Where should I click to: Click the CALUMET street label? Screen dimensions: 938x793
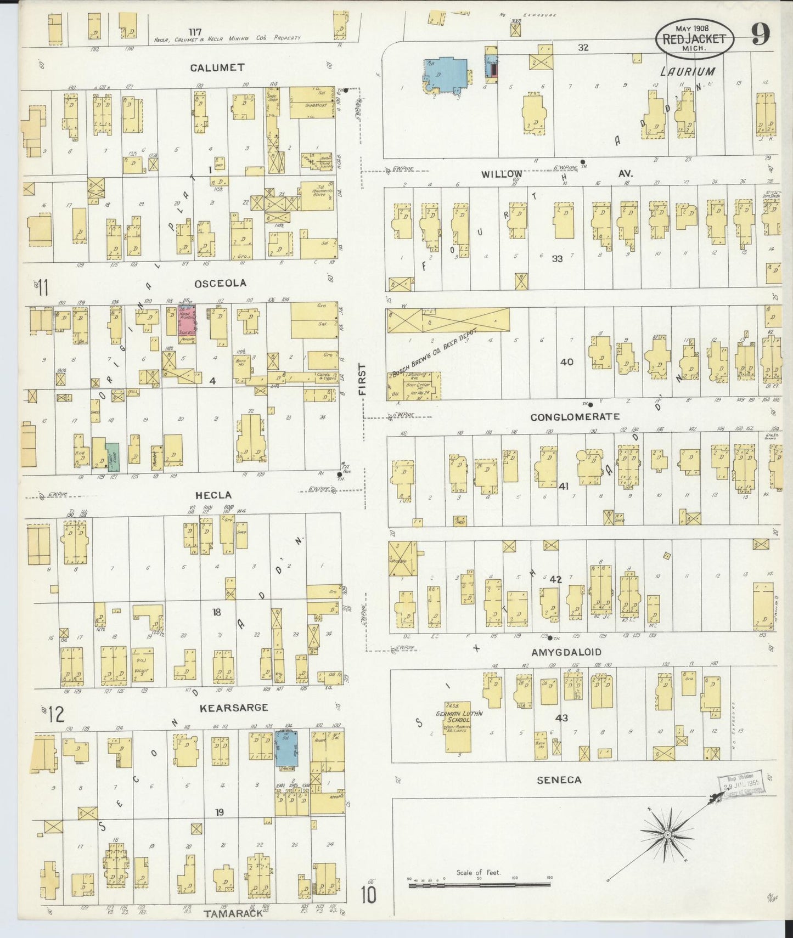[x=217, y=67]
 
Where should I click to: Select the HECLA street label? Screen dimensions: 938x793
[x=213, y=495]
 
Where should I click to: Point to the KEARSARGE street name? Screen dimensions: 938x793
[x=234, y=708]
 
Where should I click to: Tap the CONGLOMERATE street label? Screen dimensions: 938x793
[x=575, y=417]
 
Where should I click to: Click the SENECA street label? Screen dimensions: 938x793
[x=559, y=779]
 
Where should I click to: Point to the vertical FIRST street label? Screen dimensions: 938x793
[x=362, y=379]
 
